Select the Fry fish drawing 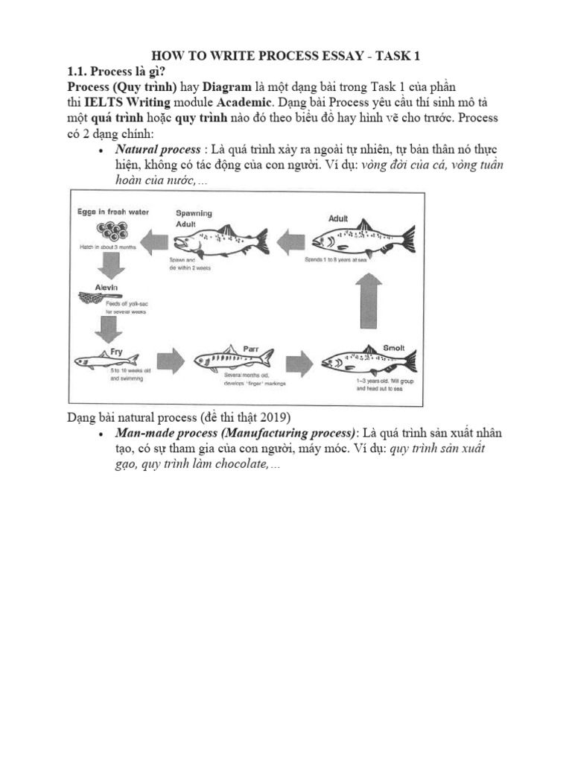coord(102,361)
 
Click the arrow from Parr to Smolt coord(297,360)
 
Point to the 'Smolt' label coord(393,347)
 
